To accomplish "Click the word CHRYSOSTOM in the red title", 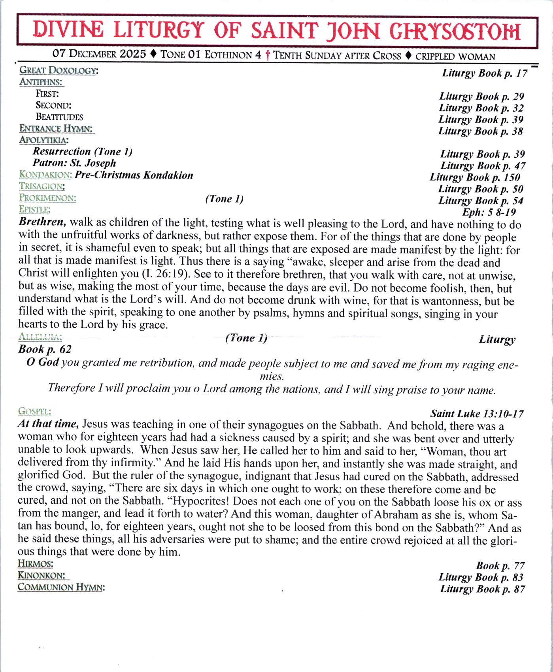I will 455,32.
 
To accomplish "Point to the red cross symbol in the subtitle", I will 268,55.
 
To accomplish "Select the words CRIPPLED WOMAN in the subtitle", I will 455,56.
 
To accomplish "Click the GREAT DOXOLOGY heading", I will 59,71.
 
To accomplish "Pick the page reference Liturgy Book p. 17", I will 485,73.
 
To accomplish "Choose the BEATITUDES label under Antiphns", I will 59,117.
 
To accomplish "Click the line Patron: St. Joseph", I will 74,163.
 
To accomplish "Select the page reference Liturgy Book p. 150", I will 475,177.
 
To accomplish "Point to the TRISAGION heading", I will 42,186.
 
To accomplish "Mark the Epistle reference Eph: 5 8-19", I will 489,212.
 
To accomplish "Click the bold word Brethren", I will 42,222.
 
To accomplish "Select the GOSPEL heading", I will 34,411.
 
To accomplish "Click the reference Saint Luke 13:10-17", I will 477,414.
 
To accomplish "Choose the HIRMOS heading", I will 35,564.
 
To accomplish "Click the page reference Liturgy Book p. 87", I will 482,589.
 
